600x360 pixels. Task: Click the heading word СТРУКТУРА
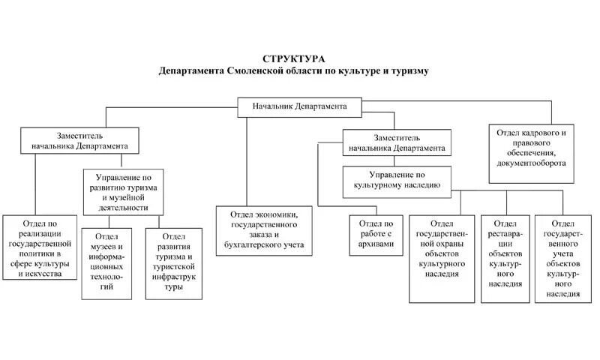(294, 58)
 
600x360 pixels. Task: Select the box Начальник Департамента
(299, 107)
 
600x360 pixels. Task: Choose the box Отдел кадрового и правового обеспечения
(531, 152)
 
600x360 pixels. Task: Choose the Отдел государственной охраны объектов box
(442, 259)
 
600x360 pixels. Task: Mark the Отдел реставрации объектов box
(505, 259)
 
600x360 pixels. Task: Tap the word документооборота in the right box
(531, 163)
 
